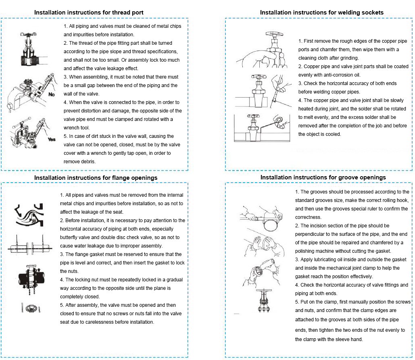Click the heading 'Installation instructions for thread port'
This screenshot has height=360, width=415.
click(89, 12)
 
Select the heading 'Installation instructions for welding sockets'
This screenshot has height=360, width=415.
click(321, 12)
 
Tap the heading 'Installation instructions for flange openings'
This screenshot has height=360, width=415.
click(96, 177)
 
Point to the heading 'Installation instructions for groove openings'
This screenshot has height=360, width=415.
click(323, 177)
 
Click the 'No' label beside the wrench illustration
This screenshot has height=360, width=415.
click(51, 94)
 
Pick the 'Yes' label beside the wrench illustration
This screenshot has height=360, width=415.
click(51, 139)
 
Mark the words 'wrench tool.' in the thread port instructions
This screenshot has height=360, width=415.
click(79, 127)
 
